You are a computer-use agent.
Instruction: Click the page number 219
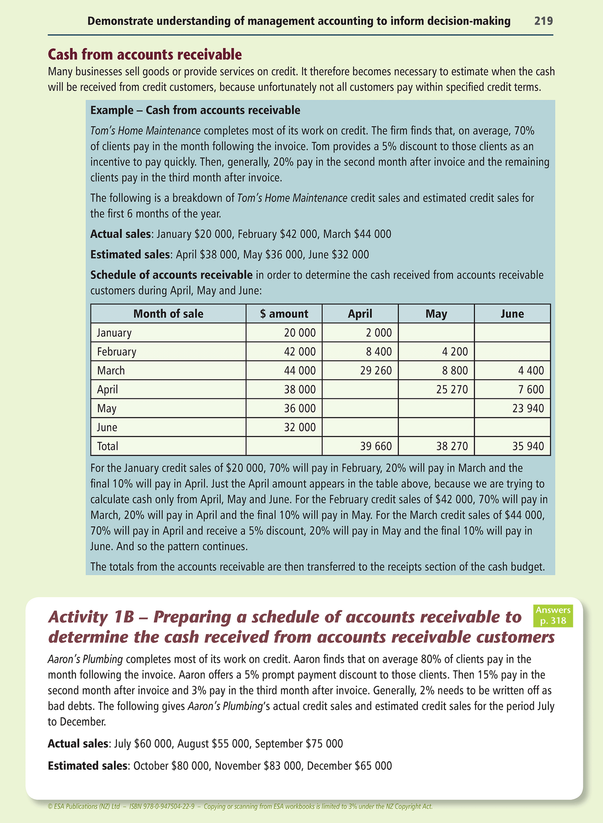(x=543, y=21)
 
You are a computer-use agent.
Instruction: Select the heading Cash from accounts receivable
(x=145, y=54)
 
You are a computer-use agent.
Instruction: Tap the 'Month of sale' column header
(x=168, y=314)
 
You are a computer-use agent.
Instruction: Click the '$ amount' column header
(x=284, y=314)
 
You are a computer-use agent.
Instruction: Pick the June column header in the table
(x=512, y=314)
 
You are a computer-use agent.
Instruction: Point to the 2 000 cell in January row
(x=379, y=333)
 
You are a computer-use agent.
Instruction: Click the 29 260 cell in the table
(x=376, y=370)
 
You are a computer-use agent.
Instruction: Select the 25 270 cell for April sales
(x=452, y=390)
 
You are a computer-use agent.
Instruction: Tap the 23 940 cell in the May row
(x=528, y=408)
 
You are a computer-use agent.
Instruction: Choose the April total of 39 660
(x=376, y=446)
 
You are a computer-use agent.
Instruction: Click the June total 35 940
(x=528, y=446)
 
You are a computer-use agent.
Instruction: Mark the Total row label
(x=108, y=446)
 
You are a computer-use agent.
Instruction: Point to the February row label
(x=116, y=352)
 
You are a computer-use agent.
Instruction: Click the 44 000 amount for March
(x=300, y=370)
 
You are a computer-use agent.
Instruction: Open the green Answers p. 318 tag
(x=553, y=616)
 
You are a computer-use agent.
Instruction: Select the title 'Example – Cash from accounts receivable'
(x=195, y=110)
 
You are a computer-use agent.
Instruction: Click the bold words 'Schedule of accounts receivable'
(x=171, y=275)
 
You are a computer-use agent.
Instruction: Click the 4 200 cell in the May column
(x=455, y=352)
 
